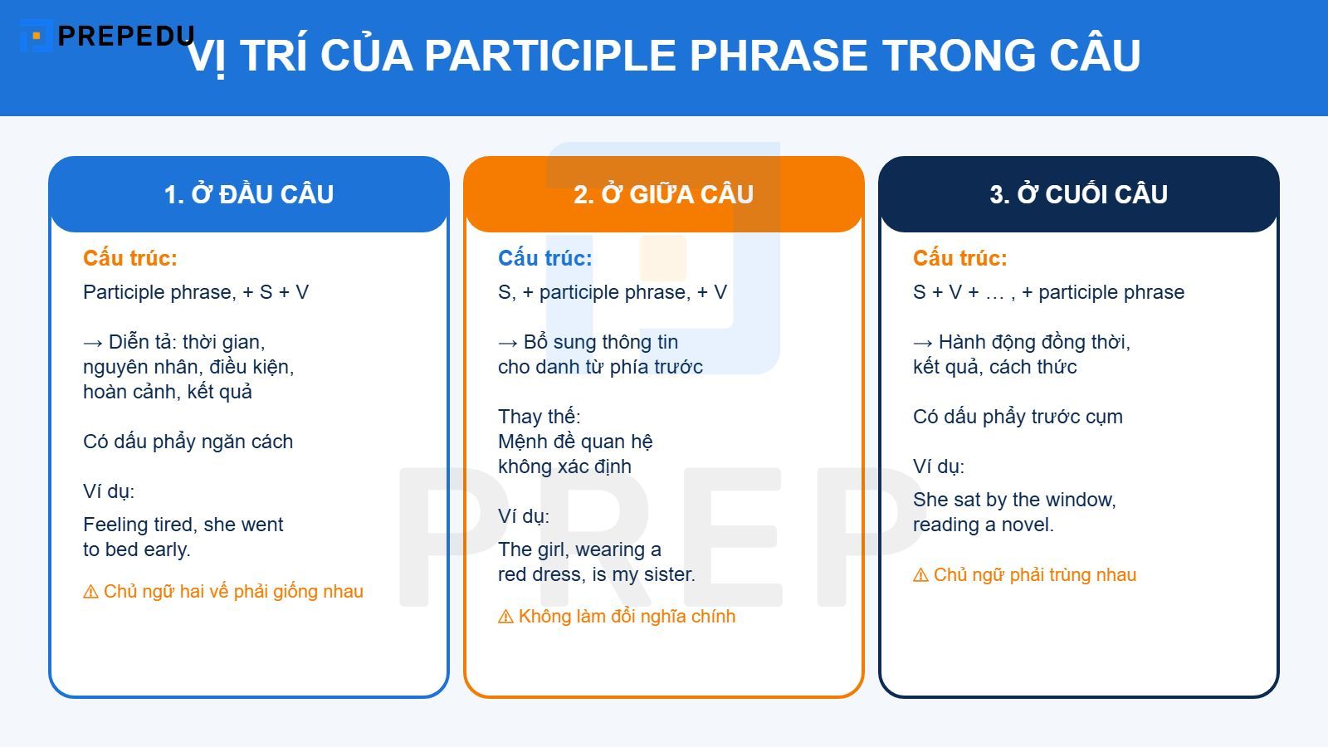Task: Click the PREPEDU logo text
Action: [x=124, y=36]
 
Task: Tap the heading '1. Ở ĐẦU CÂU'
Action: [x=249, y=194]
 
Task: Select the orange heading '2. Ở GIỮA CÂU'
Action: [x=664, y=194]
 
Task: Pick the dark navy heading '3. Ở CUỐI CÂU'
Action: [x=1079, y=194]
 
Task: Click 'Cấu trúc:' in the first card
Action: [x=130, y=258]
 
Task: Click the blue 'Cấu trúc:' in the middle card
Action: [x=545, y=258]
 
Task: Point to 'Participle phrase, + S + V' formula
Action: [x=196, y=292]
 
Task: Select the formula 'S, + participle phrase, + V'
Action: [x=613, y=292]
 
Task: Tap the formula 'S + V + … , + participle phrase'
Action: [x=1048, y=292]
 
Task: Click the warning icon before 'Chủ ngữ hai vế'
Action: [x=90, y=592]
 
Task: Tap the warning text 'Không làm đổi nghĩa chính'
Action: [x=627, y=617]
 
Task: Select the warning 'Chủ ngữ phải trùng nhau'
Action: [x=1034, y=575]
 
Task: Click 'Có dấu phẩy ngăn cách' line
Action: [x=188, y=442]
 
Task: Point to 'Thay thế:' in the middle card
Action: [x=539, y=417]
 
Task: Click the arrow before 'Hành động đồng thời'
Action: [x=922, y=343]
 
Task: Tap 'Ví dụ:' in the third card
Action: [x=939, y=466]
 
